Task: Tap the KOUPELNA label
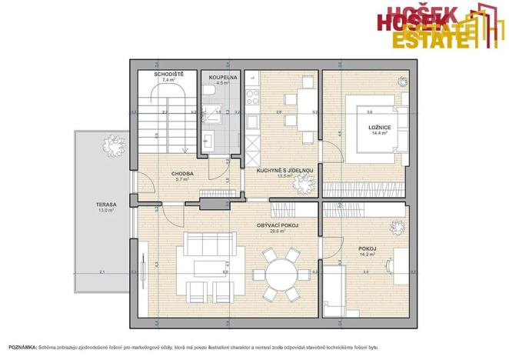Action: [x=223, y=77]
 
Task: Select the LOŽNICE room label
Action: [x=379, y=127]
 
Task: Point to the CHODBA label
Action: [x=182, y=174]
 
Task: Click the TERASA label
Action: [x=105, y=205]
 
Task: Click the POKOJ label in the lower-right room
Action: [x=367, y=248]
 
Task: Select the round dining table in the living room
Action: [x=278, y=272]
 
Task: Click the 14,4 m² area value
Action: [x=379, y=133]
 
